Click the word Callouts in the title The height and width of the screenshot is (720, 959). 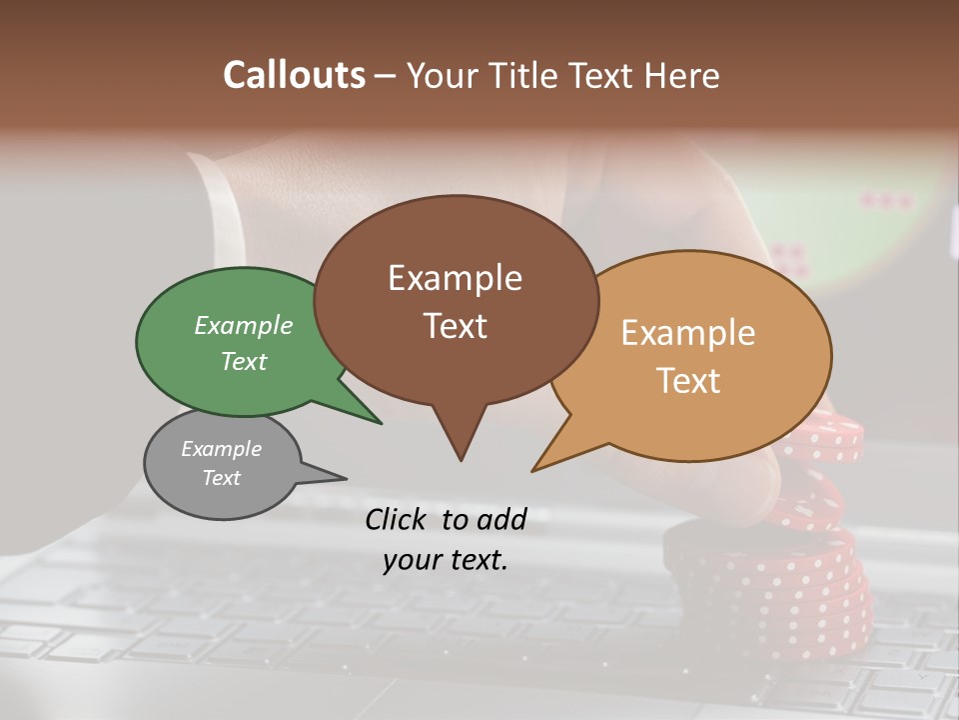click(294, 75)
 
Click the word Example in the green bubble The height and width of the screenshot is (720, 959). click(244, 325)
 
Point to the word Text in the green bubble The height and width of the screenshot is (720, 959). click(244, 361)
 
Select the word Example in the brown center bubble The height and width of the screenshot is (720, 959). click(455, 278)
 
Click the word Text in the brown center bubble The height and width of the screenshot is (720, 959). click(456, 326)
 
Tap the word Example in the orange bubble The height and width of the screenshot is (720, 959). click(688, 333)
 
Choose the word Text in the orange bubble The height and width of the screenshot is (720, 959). click(689, 381)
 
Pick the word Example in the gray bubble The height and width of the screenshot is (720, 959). click(222, 449)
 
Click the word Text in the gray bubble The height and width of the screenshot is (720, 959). click(222, 478)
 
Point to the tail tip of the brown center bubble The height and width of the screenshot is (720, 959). click(461, 457)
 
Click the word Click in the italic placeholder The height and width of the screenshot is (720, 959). click(398, 519)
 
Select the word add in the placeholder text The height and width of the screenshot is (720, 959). click(501, 519)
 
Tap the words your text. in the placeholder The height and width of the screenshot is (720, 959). click(446, 560)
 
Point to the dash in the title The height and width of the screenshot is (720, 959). click(386, 76)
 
